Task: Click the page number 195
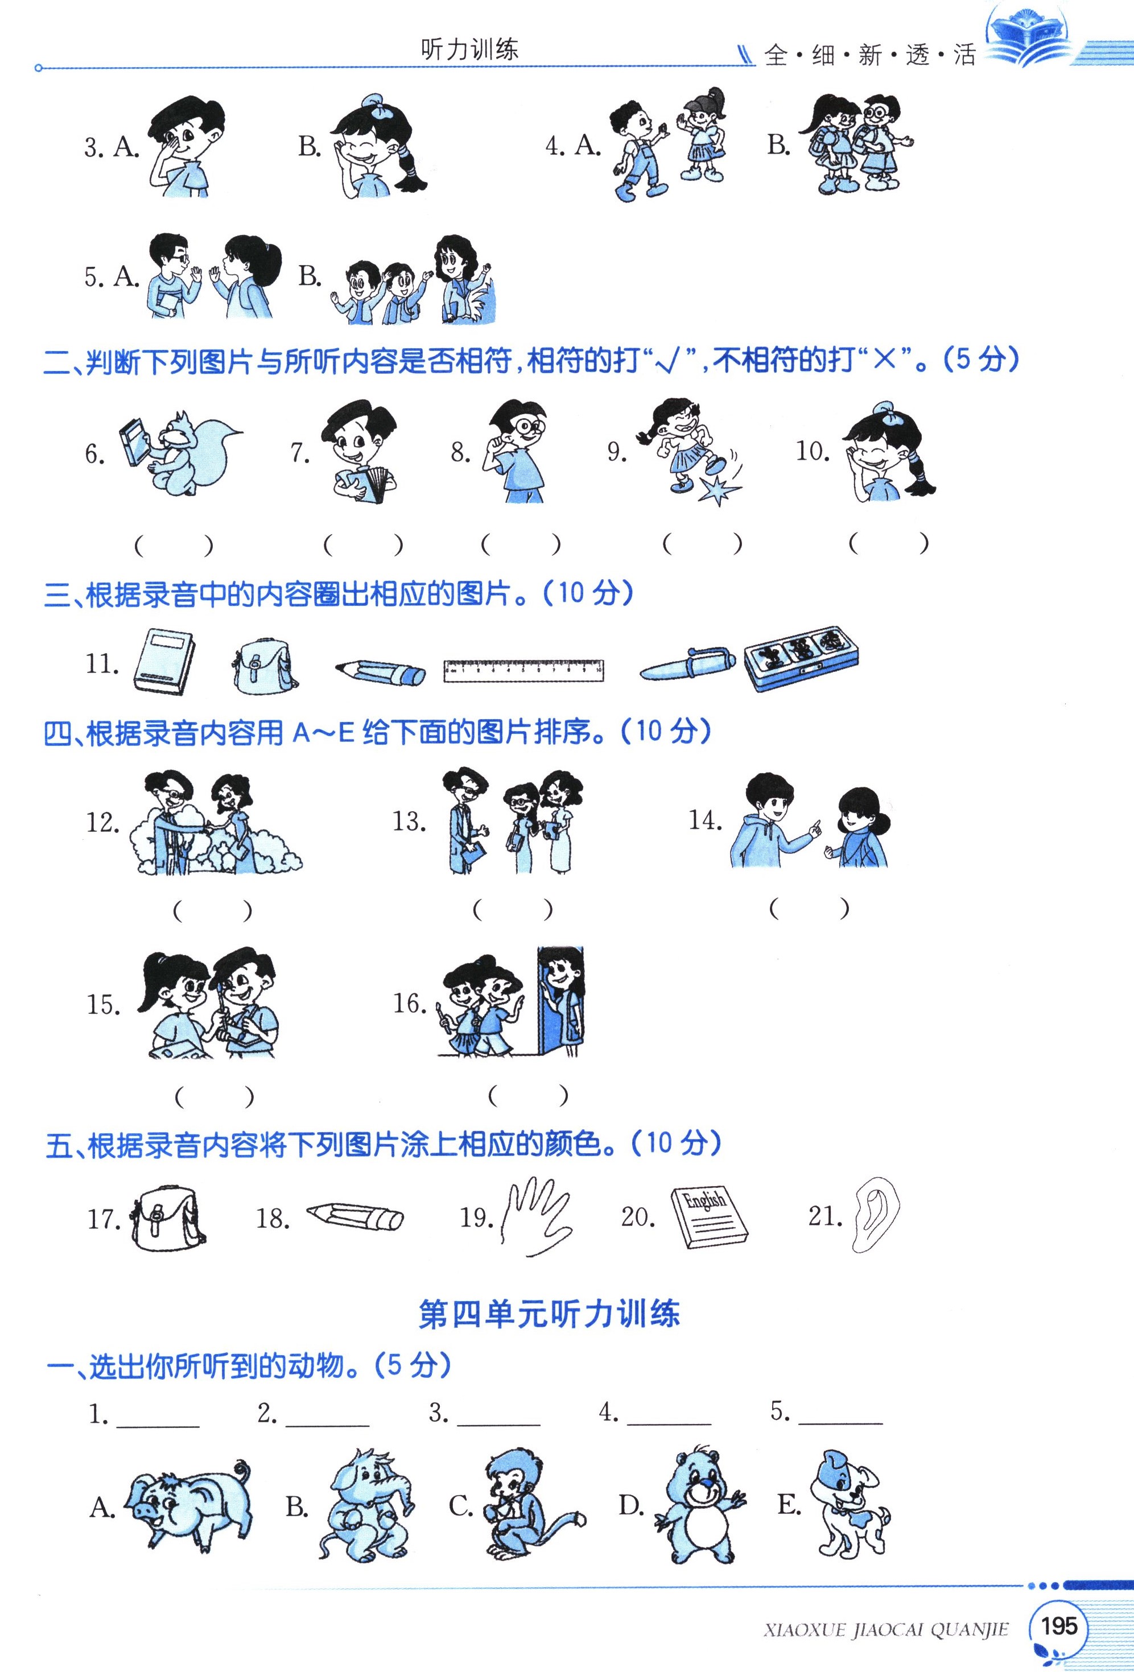coord(1058,1625)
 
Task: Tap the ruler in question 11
coord(523,670)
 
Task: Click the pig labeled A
coord(188,1506)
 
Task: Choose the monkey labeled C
coord(533,1506)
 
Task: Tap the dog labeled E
coord(851,1502)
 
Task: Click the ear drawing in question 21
coord(876,1216)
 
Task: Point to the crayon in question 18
coord(354,1216)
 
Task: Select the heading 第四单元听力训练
coord(549,1314)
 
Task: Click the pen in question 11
coord(687,664)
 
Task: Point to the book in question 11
coord(164,661)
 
